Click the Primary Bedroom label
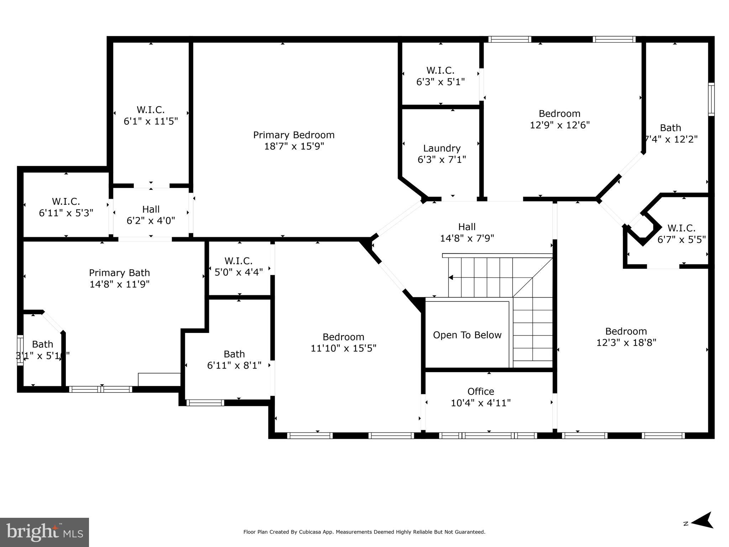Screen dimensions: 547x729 294,135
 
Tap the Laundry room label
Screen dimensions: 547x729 442,148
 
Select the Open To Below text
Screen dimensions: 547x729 467,335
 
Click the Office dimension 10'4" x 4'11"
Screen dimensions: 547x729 481,403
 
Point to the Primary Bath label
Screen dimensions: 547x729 119,273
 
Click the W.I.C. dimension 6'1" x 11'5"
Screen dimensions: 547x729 151,121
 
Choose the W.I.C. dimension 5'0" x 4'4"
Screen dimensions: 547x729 238,272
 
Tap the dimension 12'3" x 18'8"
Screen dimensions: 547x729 626,343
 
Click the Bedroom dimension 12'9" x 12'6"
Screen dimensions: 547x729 560,125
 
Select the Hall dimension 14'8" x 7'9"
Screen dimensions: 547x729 467,238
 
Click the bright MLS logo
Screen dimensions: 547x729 44,532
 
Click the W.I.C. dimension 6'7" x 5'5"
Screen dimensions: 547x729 681,240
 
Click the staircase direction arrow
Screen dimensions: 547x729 451,277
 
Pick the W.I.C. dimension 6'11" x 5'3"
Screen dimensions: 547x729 66,213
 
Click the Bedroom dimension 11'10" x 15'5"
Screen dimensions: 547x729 343,348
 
